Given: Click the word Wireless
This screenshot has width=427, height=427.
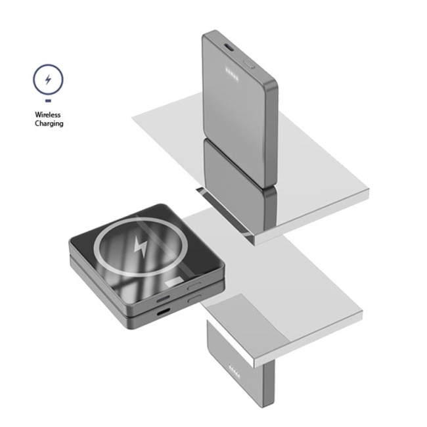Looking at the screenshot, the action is point(48,115).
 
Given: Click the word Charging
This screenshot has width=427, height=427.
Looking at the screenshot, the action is point(49,124).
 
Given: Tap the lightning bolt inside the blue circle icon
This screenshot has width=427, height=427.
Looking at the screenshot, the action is point(48,79).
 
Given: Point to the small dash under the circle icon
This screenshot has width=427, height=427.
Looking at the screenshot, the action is point(48,101).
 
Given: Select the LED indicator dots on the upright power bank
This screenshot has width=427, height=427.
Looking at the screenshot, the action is point(232,74).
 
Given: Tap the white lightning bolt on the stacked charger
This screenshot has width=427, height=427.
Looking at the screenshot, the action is point(141,247).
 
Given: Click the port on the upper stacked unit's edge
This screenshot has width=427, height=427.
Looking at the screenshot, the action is point(163,300).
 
